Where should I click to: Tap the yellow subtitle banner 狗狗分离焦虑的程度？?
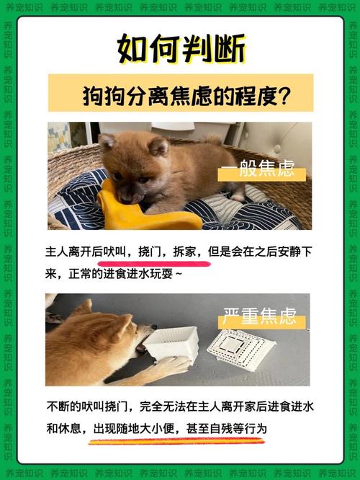coord(180,94)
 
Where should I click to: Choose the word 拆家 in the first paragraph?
coord(184,252)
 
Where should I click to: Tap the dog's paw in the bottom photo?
coord(169,368)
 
